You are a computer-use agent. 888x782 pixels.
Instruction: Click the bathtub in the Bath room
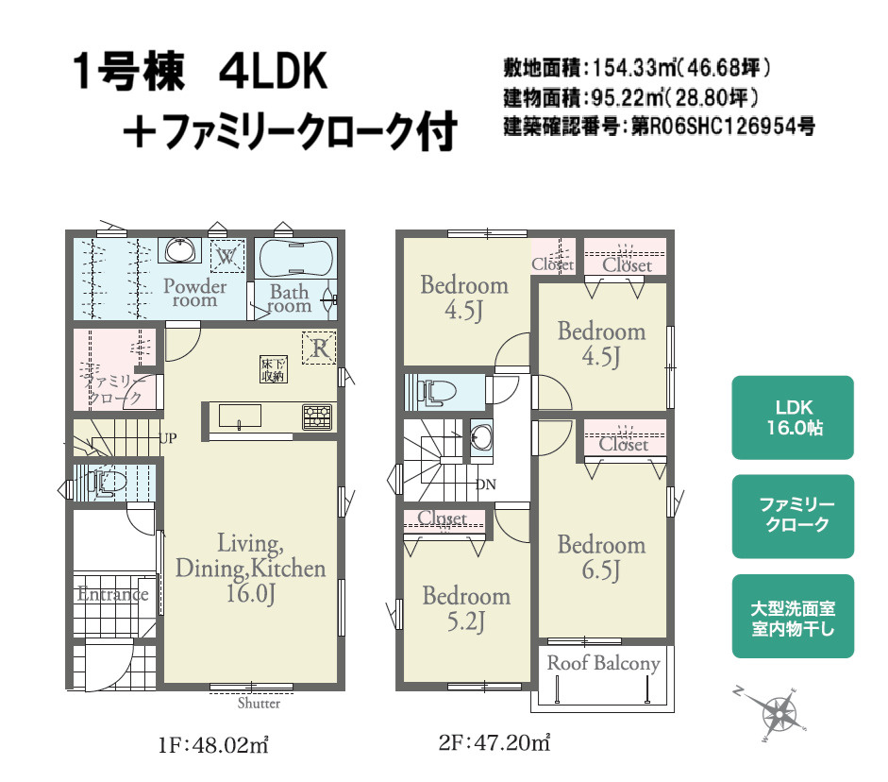294,256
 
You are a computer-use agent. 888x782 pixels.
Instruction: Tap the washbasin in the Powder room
179,251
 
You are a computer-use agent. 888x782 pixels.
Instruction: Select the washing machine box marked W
226,256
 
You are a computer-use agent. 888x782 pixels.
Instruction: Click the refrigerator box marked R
319,348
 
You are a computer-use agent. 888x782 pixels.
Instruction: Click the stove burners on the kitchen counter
317,416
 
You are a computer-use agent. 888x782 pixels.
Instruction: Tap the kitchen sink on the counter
241,416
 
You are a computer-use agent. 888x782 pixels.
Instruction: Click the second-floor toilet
432,391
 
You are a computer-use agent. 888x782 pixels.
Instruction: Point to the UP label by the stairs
168,437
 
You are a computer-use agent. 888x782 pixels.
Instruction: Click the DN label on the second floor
486,484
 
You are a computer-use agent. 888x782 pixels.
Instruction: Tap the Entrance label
112,594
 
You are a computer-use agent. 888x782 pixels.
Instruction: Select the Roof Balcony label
603,663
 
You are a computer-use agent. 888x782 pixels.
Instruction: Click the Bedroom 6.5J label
601,556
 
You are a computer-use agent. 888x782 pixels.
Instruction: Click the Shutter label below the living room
259,703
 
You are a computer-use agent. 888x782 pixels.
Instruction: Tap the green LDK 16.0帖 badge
793,417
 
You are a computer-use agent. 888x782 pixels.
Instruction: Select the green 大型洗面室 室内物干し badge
793,617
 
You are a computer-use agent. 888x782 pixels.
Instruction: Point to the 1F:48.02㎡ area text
215,745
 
